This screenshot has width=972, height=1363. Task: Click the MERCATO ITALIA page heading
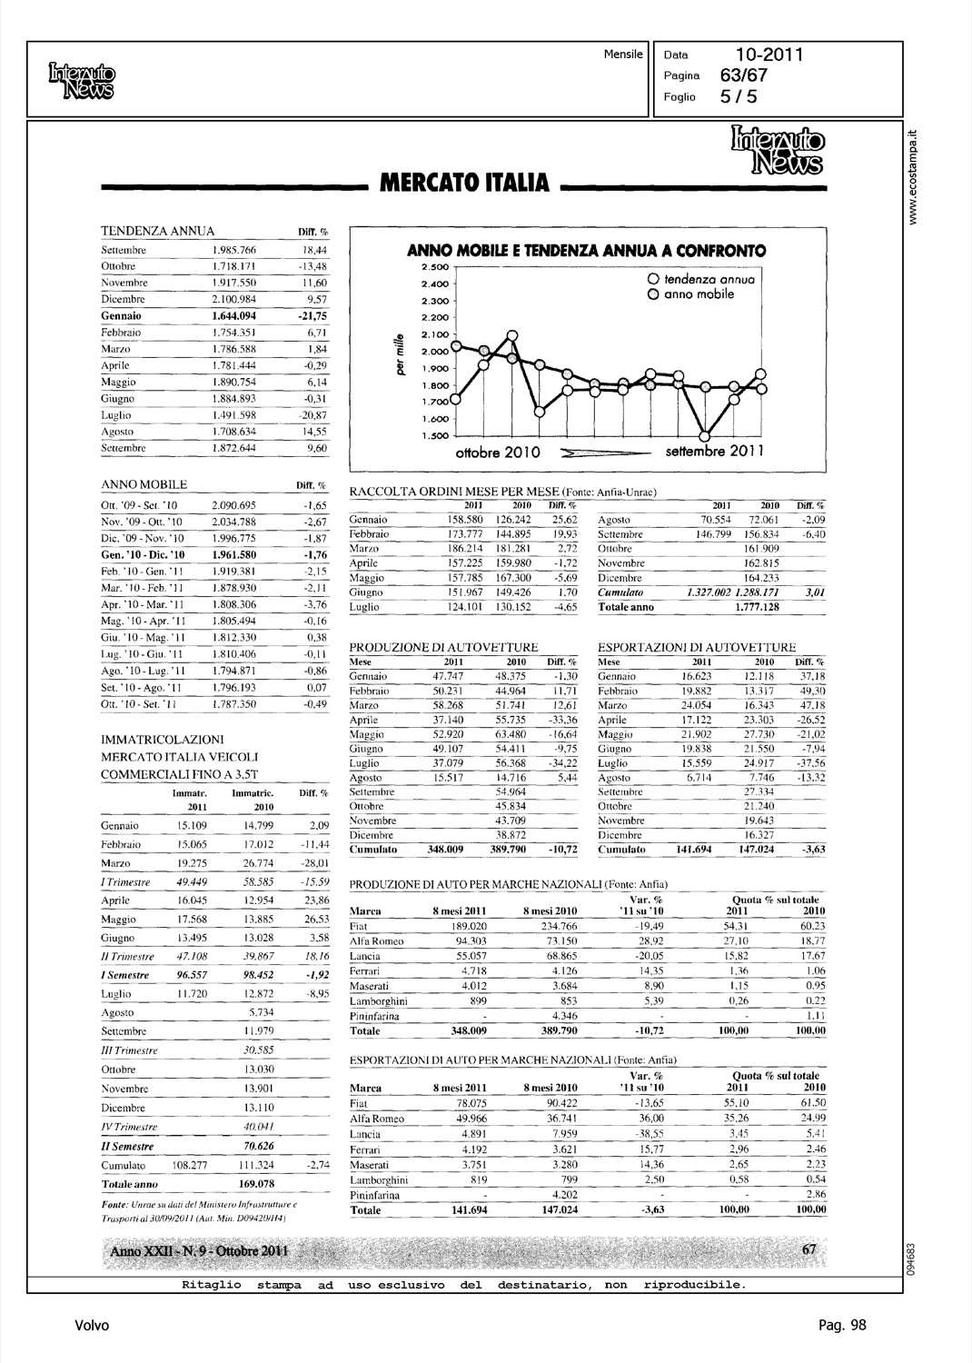tap(463, 184)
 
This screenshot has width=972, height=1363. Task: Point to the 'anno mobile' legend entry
tap(697, 294)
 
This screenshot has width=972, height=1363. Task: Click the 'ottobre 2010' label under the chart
tap(498, 452)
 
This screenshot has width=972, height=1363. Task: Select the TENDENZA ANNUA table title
tap(157, 231)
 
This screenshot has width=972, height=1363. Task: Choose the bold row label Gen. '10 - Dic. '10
tap(143, 554)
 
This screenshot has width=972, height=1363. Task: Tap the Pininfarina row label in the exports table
tap(375, 1195)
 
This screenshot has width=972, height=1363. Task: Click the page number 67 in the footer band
tap(810, 1250)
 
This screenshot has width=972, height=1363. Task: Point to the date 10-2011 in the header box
tap(769, 55)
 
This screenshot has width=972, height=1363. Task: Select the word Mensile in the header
tap(623, 54)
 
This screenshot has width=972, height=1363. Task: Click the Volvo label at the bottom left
tap(92, 1325)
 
